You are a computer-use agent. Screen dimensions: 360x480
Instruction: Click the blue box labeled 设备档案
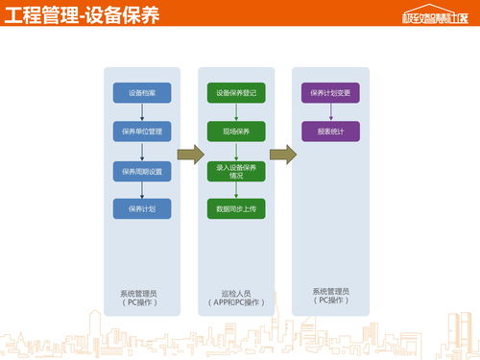point(142,93)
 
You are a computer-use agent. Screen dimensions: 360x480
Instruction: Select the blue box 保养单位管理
point(142,131)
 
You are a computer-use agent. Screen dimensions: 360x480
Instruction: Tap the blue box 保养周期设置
point(142,171)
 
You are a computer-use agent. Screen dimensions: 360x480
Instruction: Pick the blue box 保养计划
point(142,207)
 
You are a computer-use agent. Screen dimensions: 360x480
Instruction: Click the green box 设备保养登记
point(236,93)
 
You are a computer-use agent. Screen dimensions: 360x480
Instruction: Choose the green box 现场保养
point(236,131)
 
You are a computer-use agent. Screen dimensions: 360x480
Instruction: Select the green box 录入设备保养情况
point(236,171)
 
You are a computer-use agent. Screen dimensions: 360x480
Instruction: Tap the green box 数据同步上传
point(236,207)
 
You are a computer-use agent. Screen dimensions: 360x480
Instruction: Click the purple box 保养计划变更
point(331,93)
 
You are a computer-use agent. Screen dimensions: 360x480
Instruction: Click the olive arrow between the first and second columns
point(191,155)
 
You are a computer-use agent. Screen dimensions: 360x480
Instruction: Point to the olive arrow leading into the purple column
point(282,155)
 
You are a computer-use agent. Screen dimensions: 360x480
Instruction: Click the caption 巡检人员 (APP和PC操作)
point(236,298)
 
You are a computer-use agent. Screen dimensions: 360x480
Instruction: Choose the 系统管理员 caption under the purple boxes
point(331,295)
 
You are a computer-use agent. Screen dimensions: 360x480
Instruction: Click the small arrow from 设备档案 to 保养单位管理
point(142,111)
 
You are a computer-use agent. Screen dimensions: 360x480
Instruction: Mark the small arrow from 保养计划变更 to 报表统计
point(331,111)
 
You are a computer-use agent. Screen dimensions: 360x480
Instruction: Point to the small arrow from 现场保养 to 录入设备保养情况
point(236,151)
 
